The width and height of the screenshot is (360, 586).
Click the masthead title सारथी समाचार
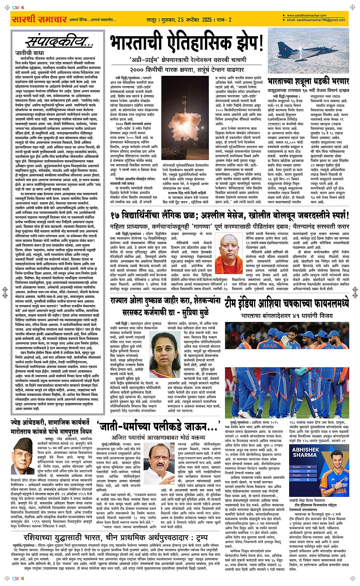pos(34,19)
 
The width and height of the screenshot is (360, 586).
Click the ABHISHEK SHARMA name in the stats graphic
pos(304,452)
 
